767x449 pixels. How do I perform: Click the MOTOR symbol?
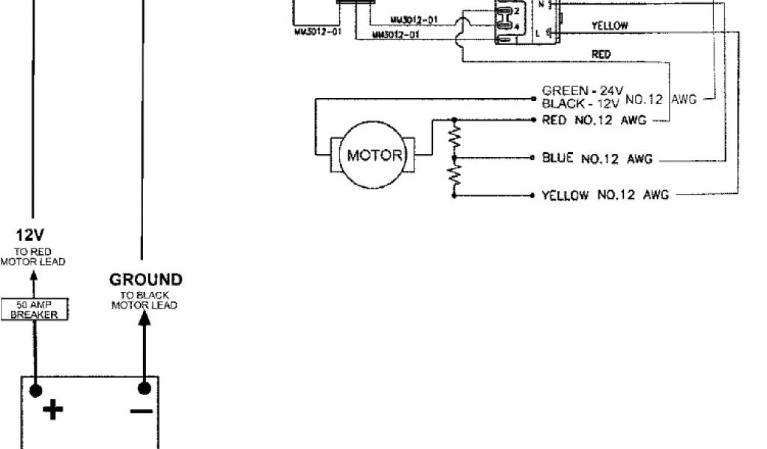[x=375, y=156]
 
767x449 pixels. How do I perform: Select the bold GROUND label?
[x=145, y=280]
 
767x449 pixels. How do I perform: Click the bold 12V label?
[x=33, y=234]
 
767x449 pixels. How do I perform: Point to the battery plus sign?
[x=52, y=410]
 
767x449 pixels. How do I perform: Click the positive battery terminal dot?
[x=34, y=390]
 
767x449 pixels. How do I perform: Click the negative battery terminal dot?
[x=145, y=388]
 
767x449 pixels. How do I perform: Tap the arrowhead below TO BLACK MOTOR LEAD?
[x=145, y=317]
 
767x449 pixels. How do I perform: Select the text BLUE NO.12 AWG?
[x=597, y=159]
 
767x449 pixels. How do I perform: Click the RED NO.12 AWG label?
[x=594, y=120]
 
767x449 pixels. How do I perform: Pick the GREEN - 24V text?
[x=582, y=91]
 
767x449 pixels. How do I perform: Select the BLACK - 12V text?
[x=581, y=103]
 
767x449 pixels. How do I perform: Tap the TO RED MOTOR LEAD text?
[x=33, y=257]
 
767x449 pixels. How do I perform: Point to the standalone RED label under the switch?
[x=601, y=54]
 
